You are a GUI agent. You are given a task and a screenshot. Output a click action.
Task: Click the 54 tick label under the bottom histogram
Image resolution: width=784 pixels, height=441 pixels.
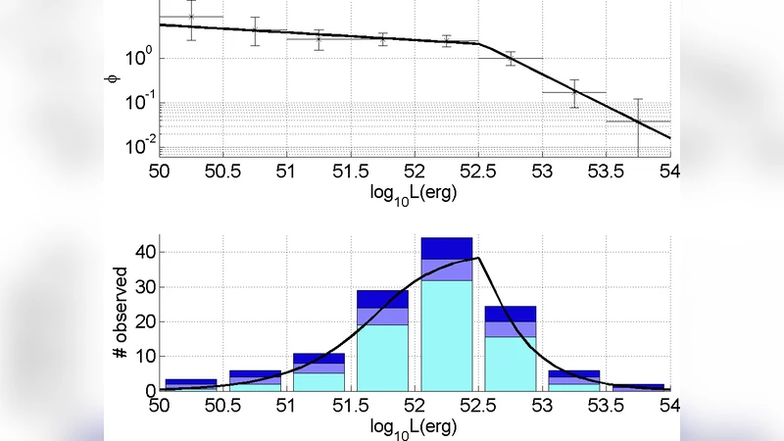(670, 406)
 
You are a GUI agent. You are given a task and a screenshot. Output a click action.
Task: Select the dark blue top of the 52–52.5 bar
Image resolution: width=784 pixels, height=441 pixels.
(447, 248)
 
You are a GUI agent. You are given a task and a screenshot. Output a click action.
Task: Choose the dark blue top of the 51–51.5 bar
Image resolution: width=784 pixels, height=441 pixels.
(318, 358)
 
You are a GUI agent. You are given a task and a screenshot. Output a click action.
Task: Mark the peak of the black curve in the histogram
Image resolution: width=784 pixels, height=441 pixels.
(478, 258)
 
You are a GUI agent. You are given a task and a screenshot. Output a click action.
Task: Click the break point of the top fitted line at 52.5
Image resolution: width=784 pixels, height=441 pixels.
(478, 43)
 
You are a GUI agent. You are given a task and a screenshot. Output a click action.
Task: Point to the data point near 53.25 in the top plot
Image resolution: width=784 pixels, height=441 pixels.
(574, 92)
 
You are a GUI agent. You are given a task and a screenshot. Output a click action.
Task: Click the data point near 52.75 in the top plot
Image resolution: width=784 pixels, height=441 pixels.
(511, 58)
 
